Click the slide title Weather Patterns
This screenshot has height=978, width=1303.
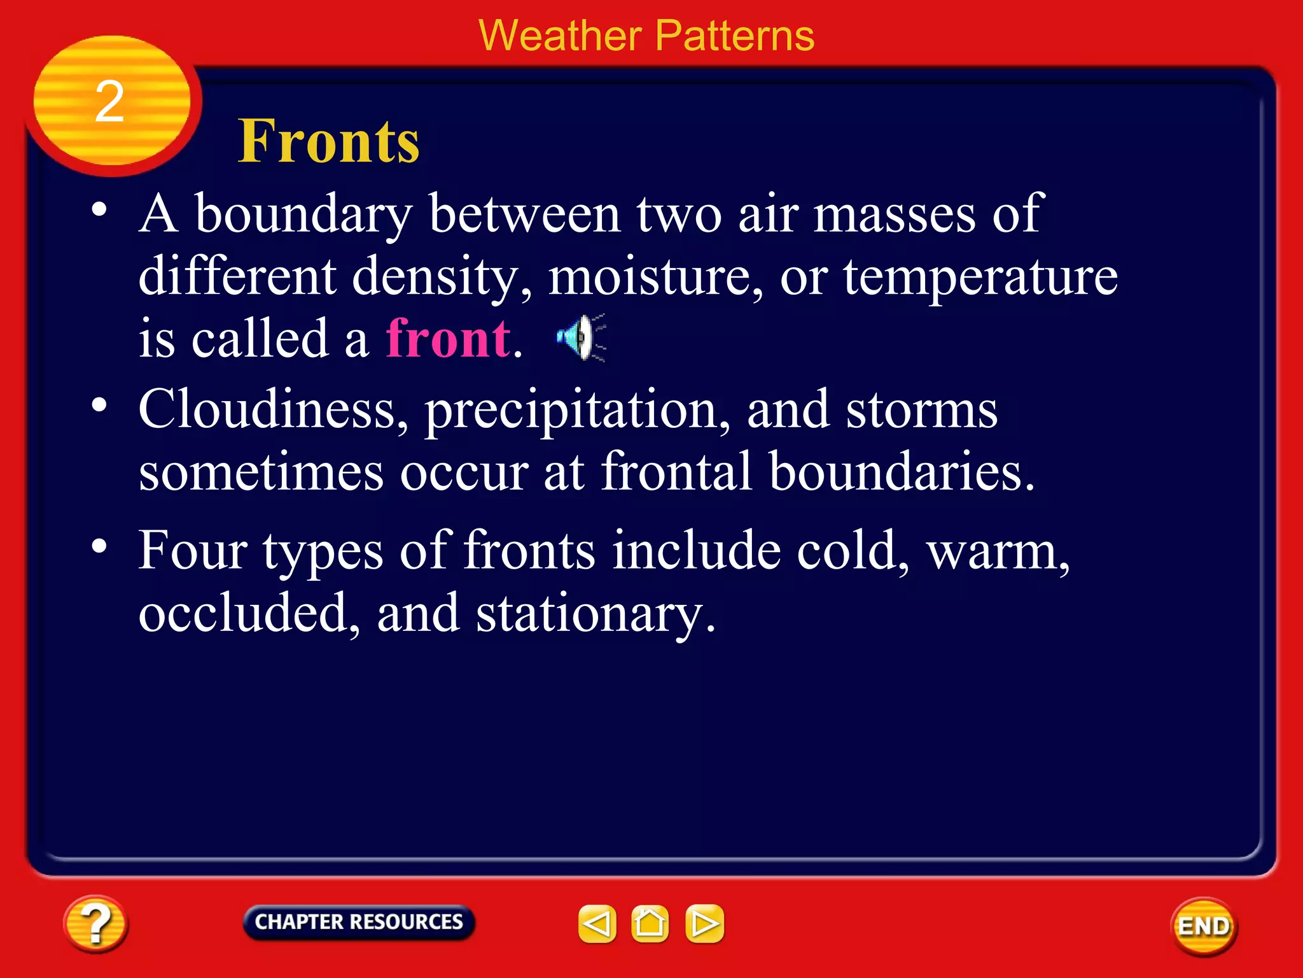(646, 36)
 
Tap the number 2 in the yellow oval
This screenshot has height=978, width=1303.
(109, 102)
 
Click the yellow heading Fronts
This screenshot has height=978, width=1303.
(328, 141)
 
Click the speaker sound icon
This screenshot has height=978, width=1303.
(580, 338)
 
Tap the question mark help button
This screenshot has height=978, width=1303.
(95, 924)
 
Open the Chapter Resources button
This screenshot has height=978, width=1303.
(359, 922)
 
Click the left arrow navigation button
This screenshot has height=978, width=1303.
(597, 924)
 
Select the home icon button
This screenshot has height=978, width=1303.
(650, 924)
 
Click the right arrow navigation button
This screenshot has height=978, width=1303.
(704, 924)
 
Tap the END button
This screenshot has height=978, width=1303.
(1203, 926)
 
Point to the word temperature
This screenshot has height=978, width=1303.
(980, 277)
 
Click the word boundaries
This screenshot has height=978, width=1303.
(901, 472)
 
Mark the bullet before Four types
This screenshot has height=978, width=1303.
(99, 546)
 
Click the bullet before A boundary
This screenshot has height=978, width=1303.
(99, 209)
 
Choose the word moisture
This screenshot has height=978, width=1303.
(654, 277)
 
